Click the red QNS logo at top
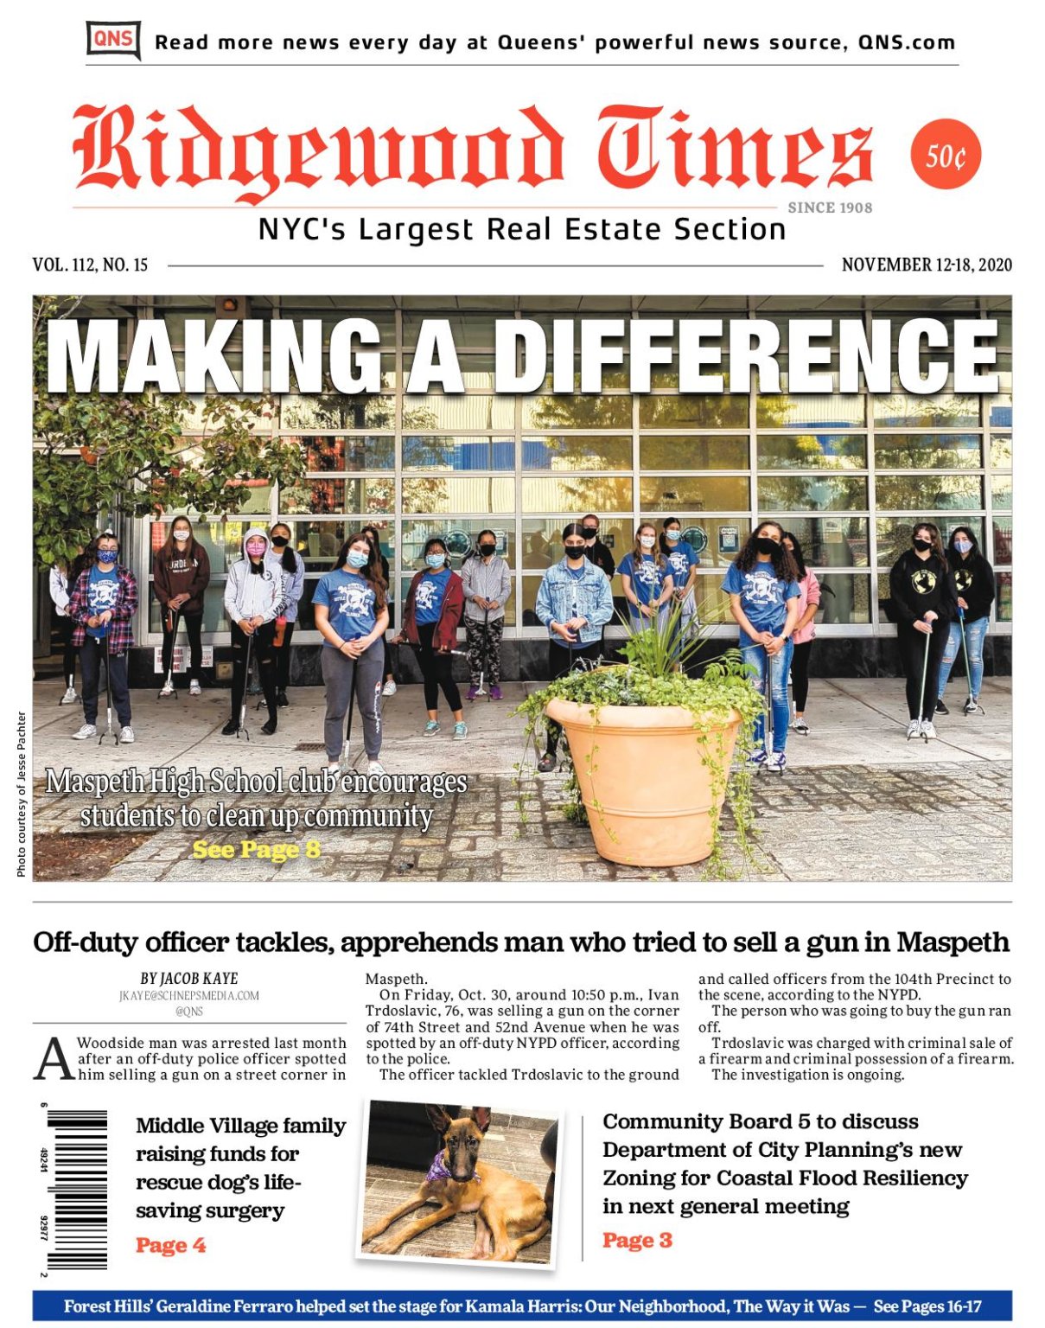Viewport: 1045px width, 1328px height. (113, 40)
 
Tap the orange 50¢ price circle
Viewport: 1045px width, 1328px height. (946, 156)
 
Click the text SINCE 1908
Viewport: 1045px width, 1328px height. (830, 207)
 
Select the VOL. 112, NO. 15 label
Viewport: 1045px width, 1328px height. (90, 265)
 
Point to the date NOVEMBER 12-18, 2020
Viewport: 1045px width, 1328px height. (926, 265)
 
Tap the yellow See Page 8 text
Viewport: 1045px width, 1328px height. (256, 850)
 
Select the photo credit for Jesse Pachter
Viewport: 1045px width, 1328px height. (22, 794)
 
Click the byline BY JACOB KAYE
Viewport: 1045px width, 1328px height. (188, 979)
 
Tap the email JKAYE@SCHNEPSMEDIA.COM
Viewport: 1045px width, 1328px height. (188, 995)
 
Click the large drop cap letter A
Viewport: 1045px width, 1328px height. (54, 1059)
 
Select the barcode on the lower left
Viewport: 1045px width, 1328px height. (78, 1190)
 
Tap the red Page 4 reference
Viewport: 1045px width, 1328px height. (170, 1245)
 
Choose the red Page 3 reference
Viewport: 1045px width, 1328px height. (637, 1240)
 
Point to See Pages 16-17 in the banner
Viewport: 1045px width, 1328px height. (927, 1306)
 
